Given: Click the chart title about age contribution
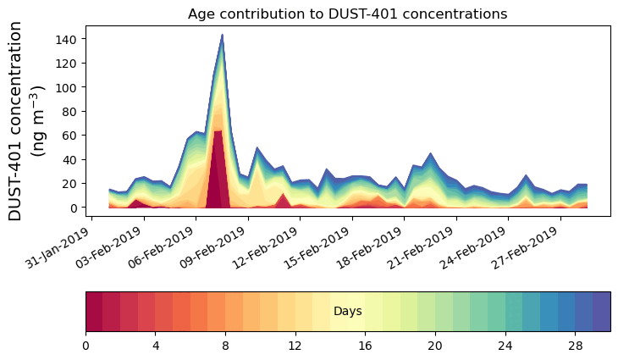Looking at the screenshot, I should pyautogui.click(x=347, y=14).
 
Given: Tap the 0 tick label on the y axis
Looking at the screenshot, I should pyautogui.click(x=76, y=208).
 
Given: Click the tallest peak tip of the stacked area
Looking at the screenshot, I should pyautogui.click(x=222, y=36).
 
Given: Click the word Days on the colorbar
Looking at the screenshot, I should pyautogui.click(x=347, y=312).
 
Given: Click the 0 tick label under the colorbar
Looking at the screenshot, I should pyautogui.click(x=86, y=346).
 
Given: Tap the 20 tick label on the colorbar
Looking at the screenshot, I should pyautogui.click(x=435, y=346).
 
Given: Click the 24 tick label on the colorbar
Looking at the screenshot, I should pyautogui.click(x=505, y=346).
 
